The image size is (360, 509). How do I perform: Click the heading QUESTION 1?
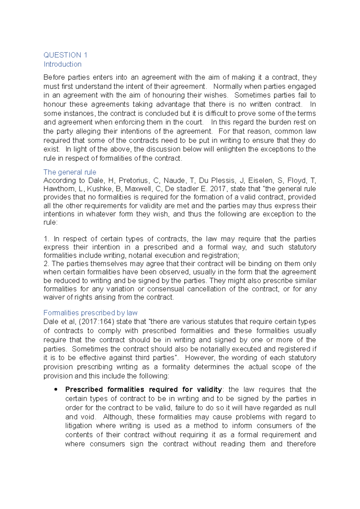[65, 55]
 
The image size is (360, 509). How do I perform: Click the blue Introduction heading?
[62, 64]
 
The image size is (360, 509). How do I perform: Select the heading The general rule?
[70, 172]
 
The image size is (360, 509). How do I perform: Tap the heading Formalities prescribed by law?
[90, 313]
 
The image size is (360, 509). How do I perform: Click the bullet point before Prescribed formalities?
[55, 389]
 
